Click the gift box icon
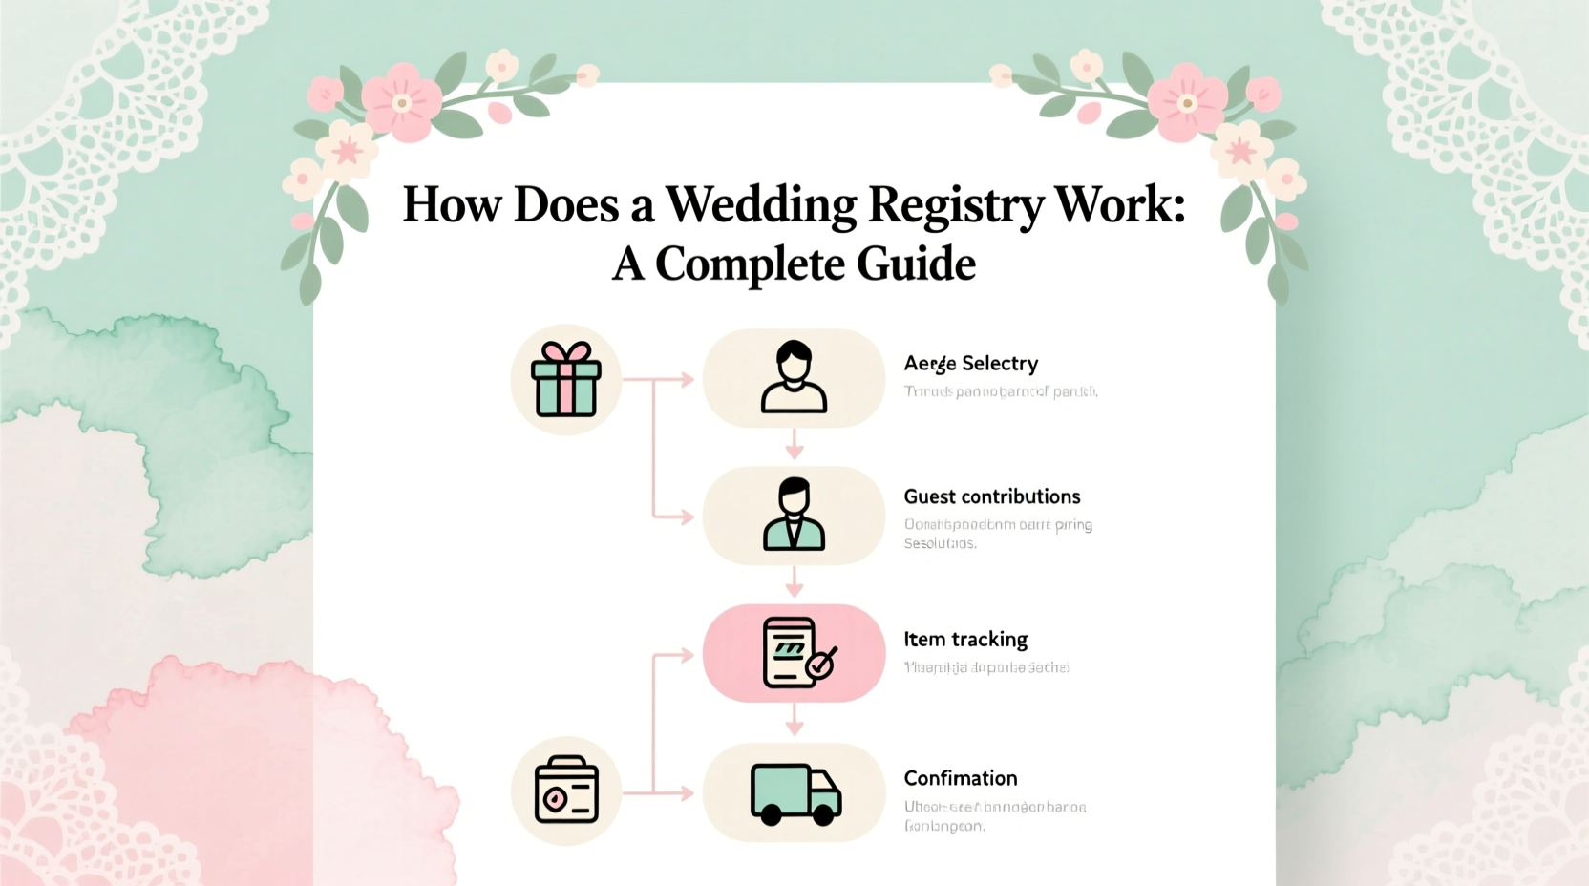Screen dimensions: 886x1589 tap(566, 379)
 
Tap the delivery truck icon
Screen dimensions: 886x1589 tap(794, 793)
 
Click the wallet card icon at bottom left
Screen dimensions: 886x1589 tap(566, 791)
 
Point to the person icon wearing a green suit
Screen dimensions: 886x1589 tap(794, 516)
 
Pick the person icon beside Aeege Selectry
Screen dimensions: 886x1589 tap(794, 377)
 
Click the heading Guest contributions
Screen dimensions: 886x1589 tap(991, 496)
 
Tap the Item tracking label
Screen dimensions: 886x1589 tap(965, 640)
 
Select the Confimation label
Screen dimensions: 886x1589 tap(960, 778)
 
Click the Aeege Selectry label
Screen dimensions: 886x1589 tap(970, 364)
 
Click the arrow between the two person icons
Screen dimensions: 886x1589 tap(794, 445)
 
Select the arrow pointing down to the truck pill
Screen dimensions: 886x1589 tap(794, 723)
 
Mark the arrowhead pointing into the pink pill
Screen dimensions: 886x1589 tap(686, 656)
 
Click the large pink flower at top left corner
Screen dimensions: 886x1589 tap(402, 102)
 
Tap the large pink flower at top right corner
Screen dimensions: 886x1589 tap(1187, 102)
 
